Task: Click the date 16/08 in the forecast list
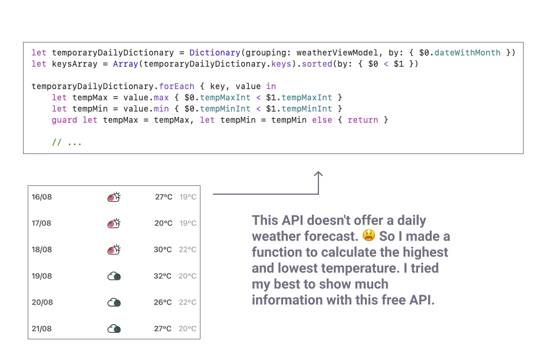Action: click(x=41, y=197)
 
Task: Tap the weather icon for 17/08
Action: click(x=114, y=224)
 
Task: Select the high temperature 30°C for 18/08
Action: click(x=163, y=250)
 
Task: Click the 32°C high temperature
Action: click(x=163, y=276)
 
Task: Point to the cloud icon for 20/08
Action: click(x=114, y=302)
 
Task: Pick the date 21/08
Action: click(x=41, y=329)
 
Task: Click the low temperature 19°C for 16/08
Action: click(x=188, y=197)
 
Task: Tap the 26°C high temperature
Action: click(x=163, y=302)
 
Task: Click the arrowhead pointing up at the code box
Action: click(x=318, y=175)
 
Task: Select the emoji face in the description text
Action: click(x=369, y=236)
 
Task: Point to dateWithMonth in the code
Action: click(x=467, y=53)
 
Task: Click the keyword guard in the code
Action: click(x=64, y=120)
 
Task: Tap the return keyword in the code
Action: click(x=363, y=120)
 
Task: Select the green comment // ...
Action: click(x=57, y=142)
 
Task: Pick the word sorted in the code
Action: click(x=317, y=64)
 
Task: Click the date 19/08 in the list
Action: click(x=41, y=276)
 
